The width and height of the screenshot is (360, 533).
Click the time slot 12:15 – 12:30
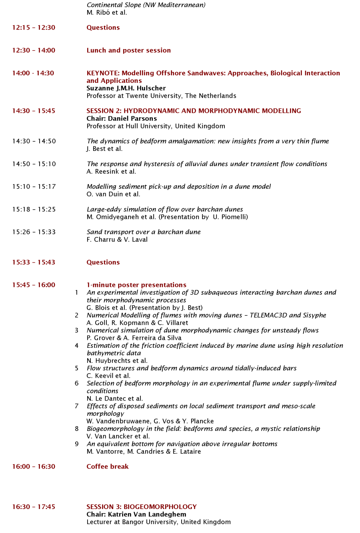pos(34,28)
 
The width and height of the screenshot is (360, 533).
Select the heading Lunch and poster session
pos(128,50)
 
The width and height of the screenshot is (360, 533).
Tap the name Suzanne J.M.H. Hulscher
pos(126,88)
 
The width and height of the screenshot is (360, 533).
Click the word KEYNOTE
pos(103,73)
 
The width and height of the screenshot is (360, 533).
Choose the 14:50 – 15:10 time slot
pos(34,164)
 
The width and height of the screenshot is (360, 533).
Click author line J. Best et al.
pos(104,149)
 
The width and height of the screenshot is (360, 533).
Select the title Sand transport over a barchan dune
pos(144,232)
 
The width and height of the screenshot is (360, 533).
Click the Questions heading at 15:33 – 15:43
pos(103,262)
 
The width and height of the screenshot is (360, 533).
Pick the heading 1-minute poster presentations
pos(136,285)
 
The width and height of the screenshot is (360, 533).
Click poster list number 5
pos(76,368)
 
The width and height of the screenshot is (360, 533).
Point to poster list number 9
pos(76,444)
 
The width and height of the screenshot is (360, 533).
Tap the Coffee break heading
pos(108,467)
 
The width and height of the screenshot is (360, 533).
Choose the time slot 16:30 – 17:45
pos(34,507)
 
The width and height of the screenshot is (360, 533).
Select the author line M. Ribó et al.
pos(107,12)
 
